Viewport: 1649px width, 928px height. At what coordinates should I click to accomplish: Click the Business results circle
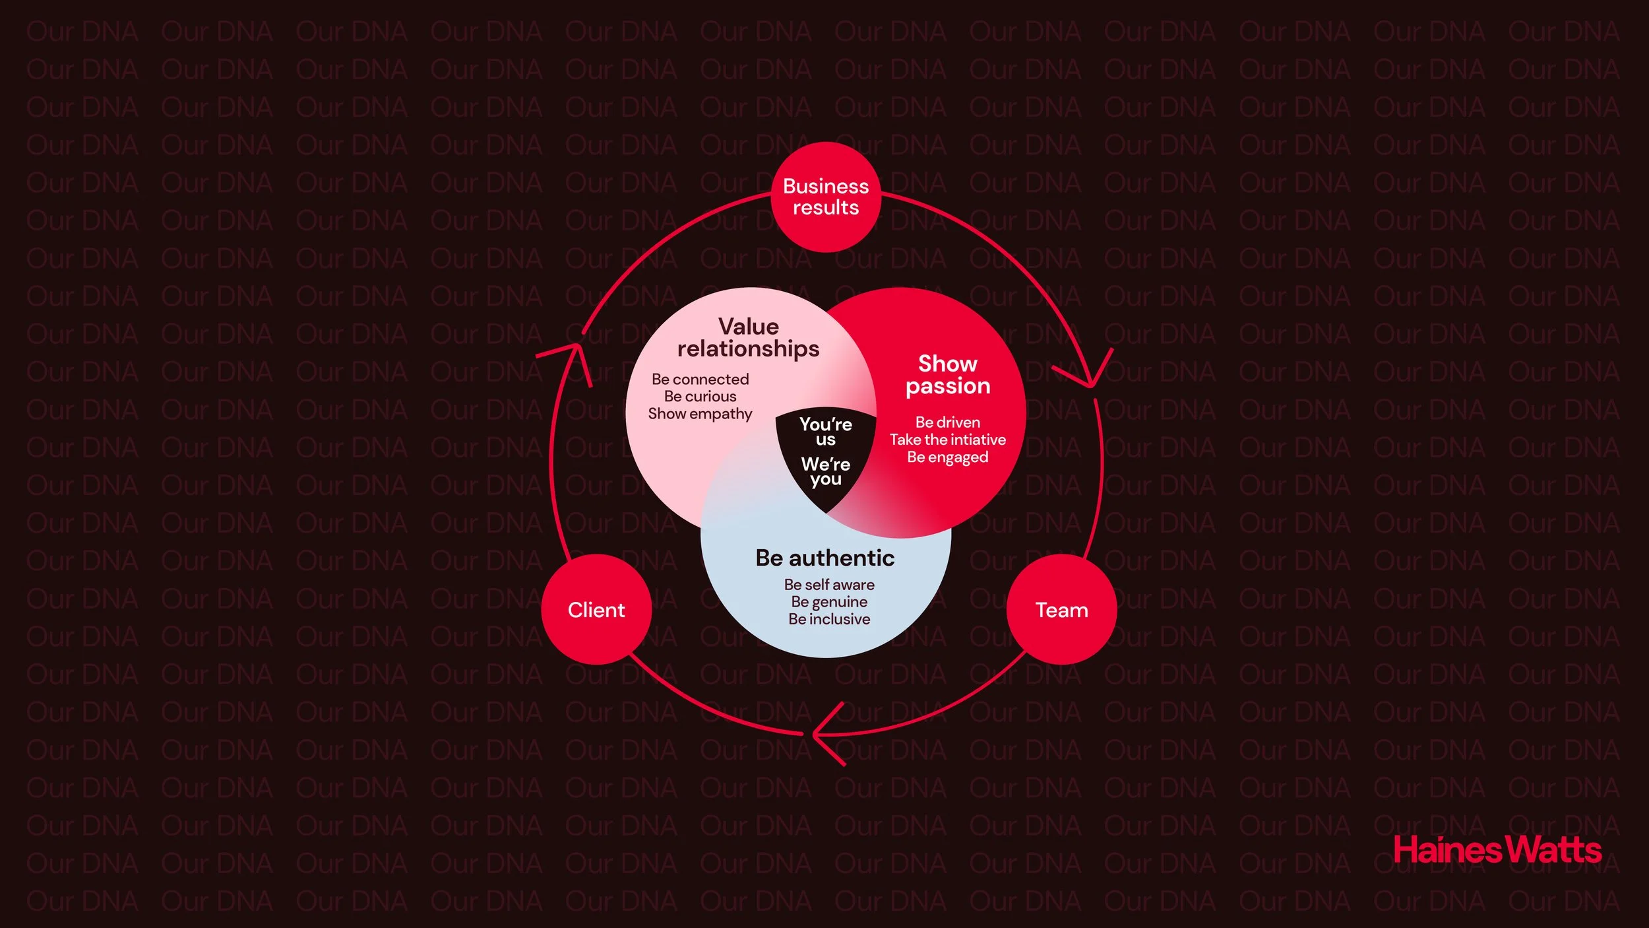coord(825,197)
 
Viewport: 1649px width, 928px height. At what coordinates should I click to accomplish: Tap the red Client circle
coord(596,609)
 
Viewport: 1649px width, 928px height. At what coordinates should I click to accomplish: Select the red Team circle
coord(1061,609)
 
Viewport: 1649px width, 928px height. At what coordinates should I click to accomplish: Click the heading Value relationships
coord(748,337)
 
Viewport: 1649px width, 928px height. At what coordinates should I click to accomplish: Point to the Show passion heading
coord(948,374)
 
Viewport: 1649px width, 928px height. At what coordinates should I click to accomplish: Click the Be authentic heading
coord(825,558)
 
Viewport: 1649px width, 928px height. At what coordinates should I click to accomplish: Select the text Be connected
coord(700,379)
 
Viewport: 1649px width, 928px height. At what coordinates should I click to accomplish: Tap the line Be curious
coord(700,396)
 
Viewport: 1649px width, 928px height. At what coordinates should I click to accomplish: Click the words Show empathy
coord(700,414)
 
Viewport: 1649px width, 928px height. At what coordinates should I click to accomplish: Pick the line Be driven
coord(947,422)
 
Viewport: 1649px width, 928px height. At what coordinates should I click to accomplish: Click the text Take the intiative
coord(947,440)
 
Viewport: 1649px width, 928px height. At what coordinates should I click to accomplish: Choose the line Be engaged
coord(947,457)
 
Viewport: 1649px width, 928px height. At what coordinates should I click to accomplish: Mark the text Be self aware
coord(829,584)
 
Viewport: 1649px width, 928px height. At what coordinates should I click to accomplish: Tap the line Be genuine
coord(829,602)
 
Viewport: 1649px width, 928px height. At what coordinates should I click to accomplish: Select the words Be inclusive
coord(829,619)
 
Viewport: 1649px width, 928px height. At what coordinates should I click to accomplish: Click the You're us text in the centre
coord(825,431)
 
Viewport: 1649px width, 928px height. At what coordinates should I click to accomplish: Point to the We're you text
coord(825,471)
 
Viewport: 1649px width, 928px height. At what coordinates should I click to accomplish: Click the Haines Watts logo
coord(1497,850)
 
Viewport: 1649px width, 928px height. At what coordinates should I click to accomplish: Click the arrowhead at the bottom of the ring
coord(824,733)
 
